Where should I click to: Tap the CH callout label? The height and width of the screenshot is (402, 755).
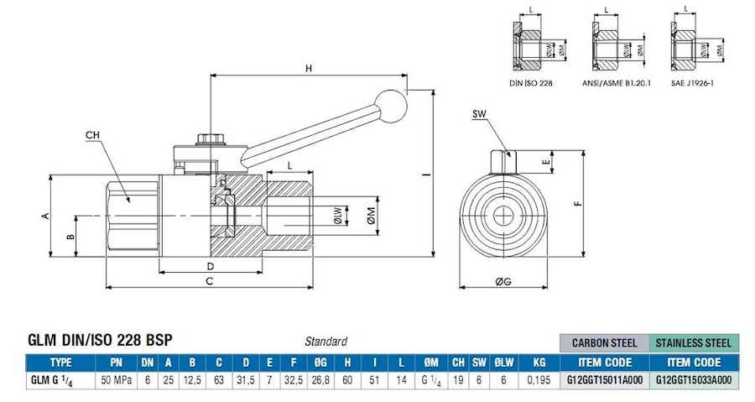click(x=94, y=134)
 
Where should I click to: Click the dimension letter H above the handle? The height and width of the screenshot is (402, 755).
click(x=308, y=68)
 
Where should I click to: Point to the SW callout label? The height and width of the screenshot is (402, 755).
click(x=479, y=113)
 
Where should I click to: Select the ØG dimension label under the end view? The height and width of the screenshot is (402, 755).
click(x=503, y=281)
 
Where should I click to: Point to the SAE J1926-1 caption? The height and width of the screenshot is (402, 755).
click(x=693, y=83)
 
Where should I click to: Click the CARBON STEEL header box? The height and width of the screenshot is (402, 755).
click(x=604, y=342)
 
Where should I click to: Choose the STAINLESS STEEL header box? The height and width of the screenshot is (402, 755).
click(x=693, y=342)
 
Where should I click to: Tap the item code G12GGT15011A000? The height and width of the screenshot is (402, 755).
click(x=604, y=379)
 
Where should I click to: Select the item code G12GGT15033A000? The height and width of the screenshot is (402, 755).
click(x=693, y=379)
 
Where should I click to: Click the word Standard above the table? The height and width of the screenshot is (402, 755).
click(x=325, y=342)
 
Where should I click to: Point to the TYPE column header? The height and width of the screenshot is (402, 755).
click(x=60, y=363)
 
